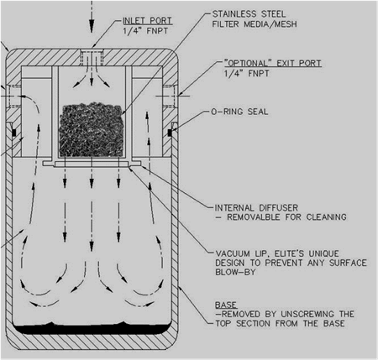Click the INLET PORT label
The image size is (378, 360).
click(x=147, y=21)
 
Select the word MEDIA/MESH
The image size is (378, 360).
click(x=270, y=24)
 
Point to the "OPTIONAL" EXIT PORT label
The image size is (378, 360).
click(x=273, y=63)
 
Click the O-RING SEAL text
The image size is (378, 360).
click(x=239, y=112)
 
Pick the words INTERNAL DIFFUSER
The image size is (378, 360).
click(x=256, y=208)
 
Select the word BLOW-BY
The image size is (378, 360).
click(x=235, y=272)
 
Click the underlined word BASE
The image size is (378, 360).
click(x=226, y=305)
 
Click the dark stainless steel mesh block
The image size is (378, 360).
click(x=92, y=130)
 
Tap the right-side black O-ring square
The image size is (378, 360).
click(x=170, y=133)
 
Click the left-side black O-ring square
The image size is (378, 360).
click(x=14, y=133)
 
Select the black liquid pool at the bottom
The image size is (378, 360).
click(x=92, y=328)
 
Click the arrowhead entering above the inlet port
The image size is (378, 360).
click(x=92, y=27)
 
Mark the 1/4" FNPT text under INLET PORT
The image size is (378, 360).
click(x=145, y=31)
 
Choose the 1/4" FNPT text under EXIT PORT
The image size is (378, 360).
click(x=246, y=74)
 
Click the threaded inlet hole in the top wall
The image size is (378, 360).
click(x=92, y=58)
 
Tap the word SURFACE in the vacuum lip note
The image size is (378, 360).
click(x=348, y=263)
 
